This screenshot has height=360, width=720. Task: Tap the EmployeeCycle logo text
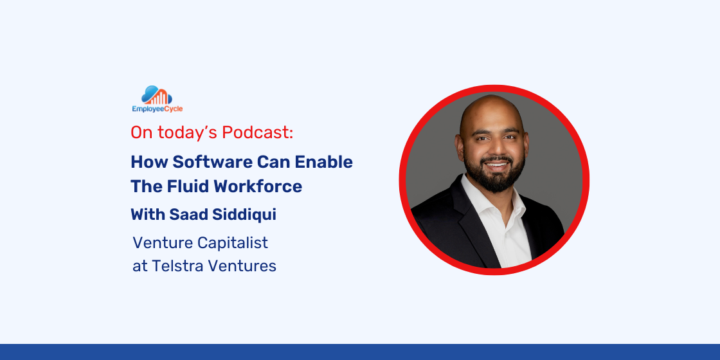pos(157,109)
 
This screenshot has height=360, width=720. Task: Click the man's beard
pos(494,174)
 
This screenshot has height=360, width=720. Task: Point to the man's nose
pos(492,147)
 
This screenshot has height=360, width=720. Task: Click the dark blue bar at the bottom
pos(360,352)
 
